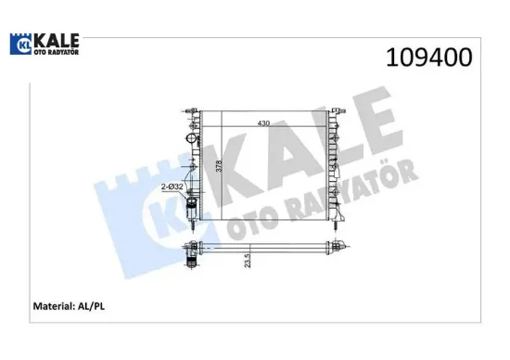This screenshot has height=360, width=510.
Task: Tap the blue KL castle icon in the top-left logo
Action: [21, 45]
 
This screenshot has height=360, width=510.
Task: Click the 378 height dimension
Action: [220, 167]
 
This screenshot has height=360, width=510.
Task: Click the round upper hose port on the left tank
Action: [193, 140]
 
